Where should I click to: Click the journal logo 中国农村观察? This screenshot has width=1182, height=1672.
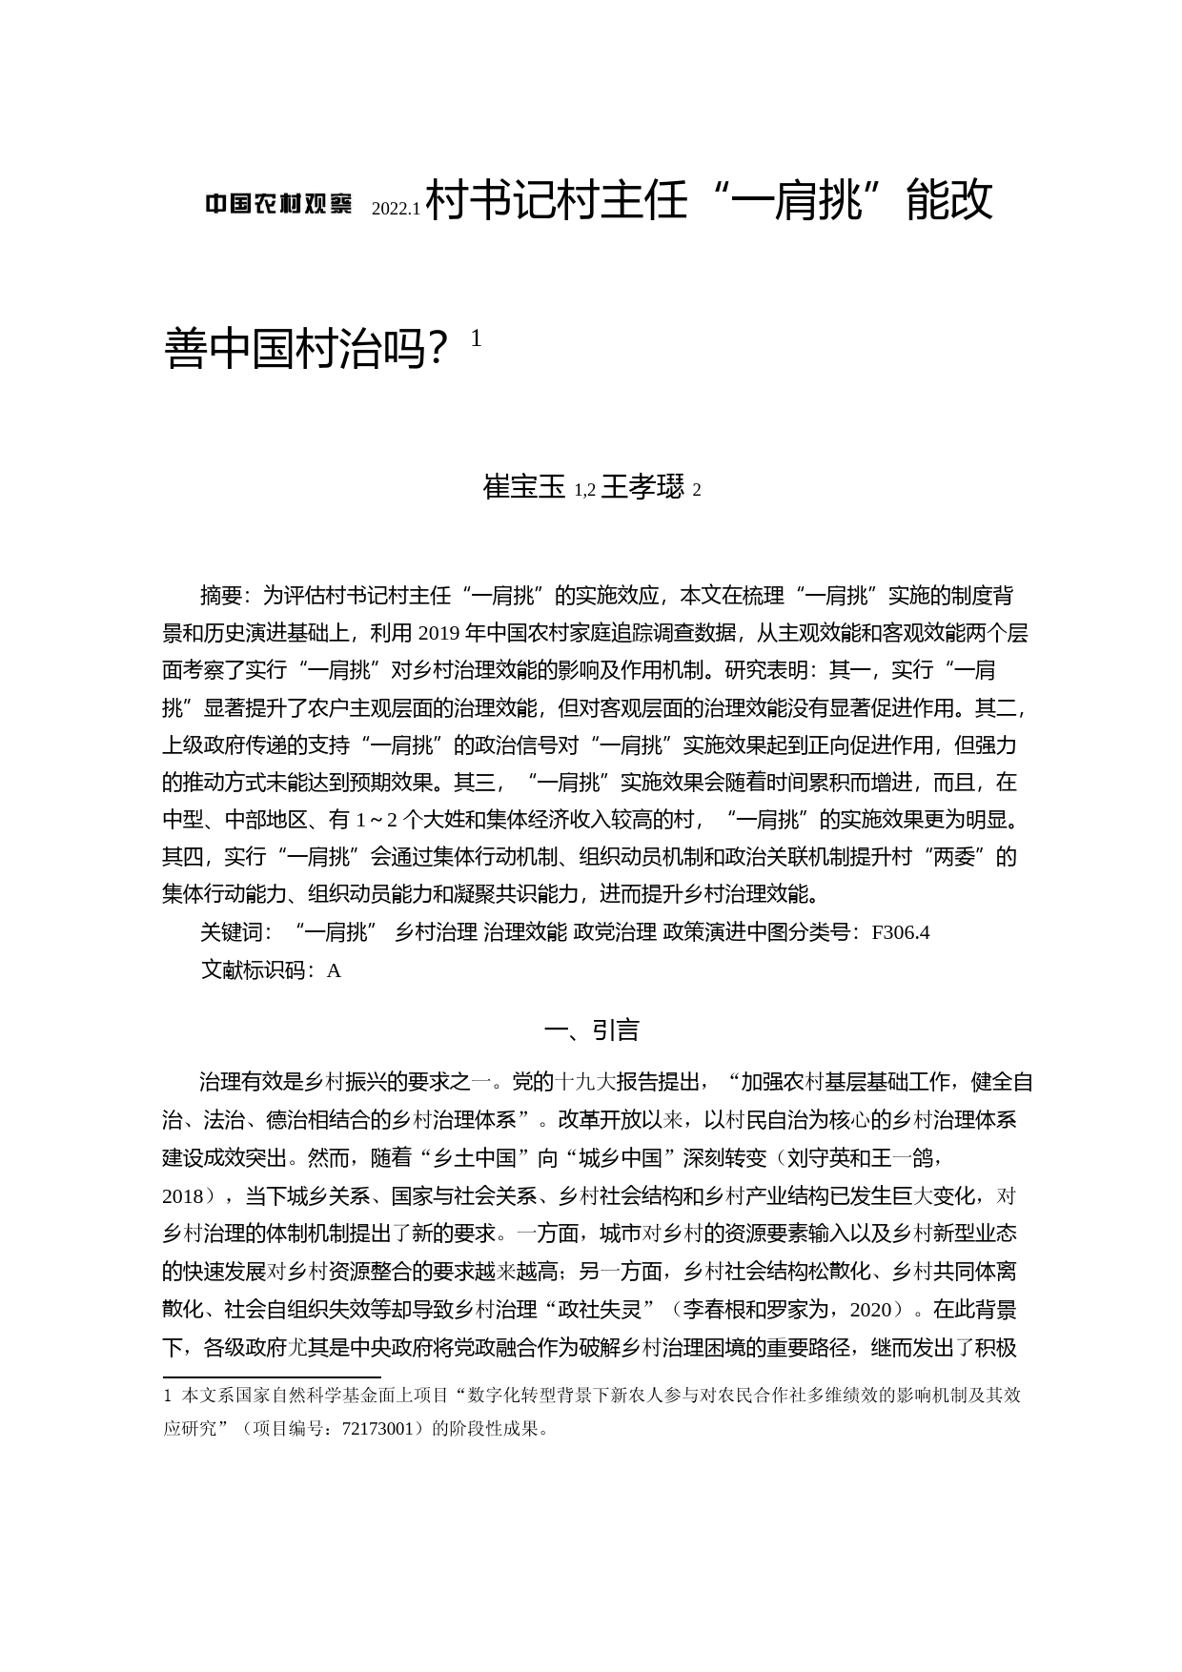coord(279,203)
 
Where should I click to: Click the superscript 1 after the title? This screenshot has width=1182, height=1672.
coord(477,337)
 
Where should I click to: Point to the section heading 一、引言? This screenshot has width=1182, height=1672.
coord(591,1030)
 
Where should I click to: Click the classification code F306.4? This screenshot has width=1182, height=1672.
coord(901,932)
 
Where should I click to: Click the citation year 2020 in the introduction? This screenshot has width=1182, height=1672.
coord(869,1310)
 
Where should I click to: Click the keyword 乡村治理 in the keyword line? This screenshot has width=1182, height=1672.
coord(437,932)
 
